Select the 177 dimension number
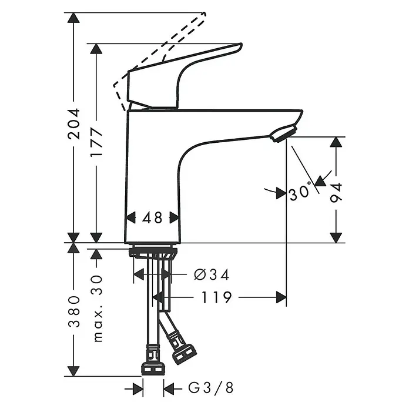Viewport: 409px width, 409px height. [x=96, y=142]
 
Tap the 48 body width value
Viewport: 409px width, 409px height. [x=152, y=217]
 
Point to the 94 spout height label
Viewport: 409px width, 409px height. [x=336, y=193]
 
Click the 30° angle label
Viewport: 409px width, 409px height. [x=300, y=192]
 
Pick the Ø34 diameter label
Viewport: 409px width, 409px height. [x=212, y=274]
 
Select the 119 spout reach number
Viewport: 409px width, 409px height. [x=216, y=297]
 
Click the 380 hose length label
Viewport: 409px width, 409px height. [x=73, y=311]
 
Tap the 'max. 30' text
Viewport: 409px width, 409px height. [x=98, y=309]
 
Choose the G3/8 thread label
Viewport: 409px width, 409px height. [x=211, y=387]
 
